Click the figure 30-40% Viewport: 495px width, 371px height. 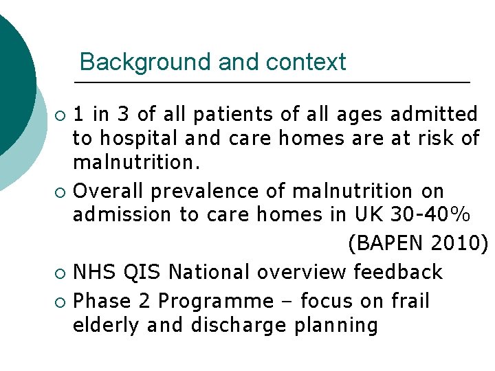430,215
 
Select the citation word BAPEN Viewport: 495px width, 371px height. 388,244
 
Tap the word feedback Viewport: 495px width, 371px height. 398,273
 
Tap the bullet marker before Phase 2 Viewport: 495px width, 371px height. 61,302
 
